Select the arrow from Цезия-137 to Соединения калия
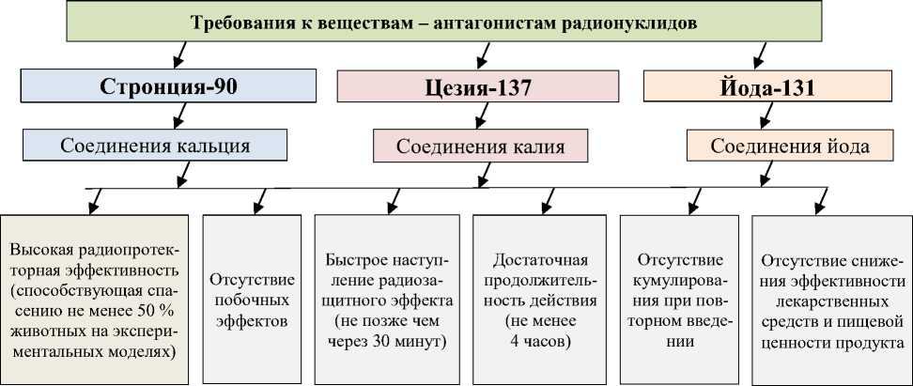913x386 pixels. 481,116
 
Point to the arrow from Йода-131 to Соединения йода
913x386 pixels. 773,116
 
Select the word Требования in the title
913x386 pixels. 235,23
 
